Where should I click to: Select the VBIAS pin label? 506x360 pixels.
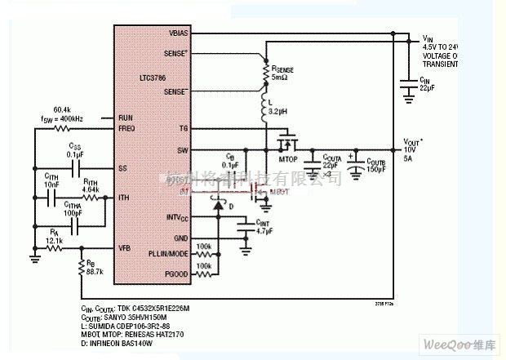click(178, 33)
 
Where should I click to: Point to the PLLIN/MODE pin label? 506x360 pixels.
click(169, 255)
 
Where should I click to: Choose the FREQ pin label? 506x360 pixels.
click(127, 128)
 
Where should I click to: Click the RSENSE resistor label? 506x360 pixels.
click(287, 69)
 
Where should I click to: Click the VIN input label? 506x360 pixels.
click(425, 38)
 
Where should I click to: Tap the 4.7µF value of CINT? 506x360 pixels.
click(264, 231)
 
